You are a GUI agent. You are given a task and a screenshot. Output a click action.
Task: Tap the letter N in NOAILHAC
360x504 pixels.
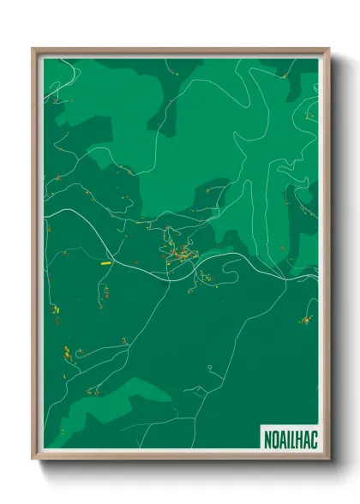pos(264,436)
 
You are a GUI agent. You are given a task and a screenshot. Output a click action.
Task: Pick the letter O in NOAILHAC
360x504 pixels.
pos(272,436)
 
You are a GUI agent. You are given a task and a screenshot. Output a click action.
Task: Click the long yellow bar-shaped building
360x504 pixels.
pos(106,264)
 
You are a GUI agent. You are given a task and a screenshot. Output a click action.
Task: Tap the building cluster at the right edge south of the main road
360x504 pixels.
pos(305,321)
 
